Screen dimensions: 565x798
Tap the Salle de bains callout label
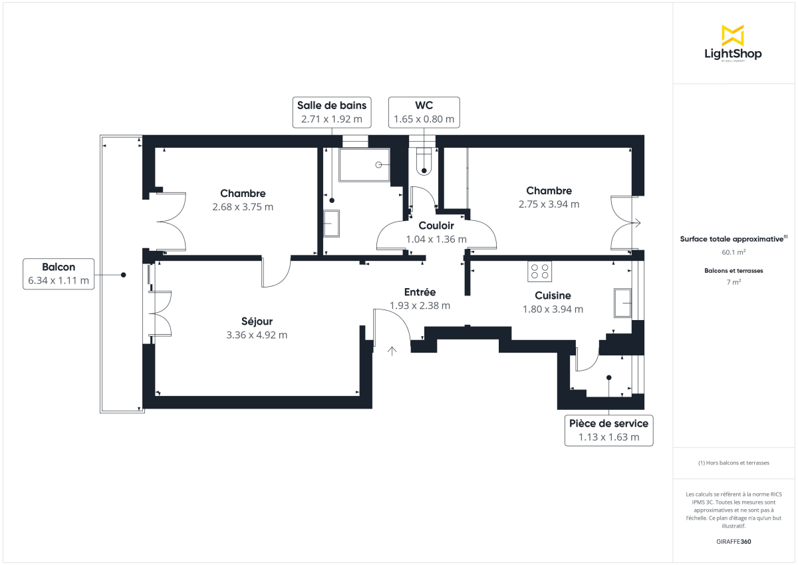coord(332,112)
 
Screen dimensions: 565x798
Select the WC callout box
coord(424,112)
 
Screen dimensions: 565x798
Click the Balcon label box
coord(58,274)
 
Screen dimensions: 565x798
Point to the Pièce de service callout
coord(608,430)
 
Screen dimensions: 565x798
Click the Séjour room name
coord(257,321)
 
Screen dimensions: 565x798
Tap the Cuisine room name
coord(553,295)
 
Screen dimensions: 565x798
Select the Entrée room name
coord(420,292)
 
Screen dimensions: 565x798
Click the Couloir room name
coord(436,226)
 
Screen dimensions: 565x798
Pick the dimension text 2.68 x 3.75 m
coord(243,207)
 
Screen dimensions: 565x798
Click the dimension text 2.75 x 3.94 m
coord(549,204)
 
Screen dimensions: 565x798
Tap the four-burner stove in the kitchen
coord(539,271)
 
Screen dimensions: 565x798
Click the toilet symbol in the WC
coord(424,164)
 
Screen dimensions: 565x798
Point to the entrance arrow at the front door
coord(392,350)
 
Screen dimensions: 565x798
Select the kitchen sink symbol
coord(622,303)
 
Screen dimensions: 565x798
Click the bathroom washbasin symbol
coord(331,224)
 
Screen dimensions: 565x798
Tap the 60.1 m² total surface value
coord(732,252)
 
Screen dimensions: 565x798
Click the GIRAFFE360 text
coord(732,542)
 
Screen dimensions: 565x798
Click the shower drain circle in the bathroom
coord(379,164)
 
